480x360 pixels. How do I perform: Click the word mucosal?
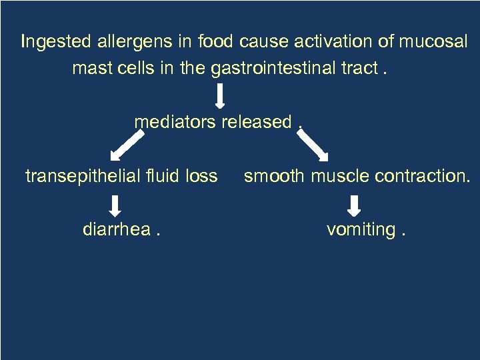[x=433, y=42]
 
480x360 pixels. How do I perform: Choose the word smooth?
[x=273, y=176]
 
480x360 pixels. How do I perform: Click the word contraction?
[x=421, y=176]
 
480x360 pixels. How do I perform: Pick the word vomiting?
[x=360, y=229]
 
